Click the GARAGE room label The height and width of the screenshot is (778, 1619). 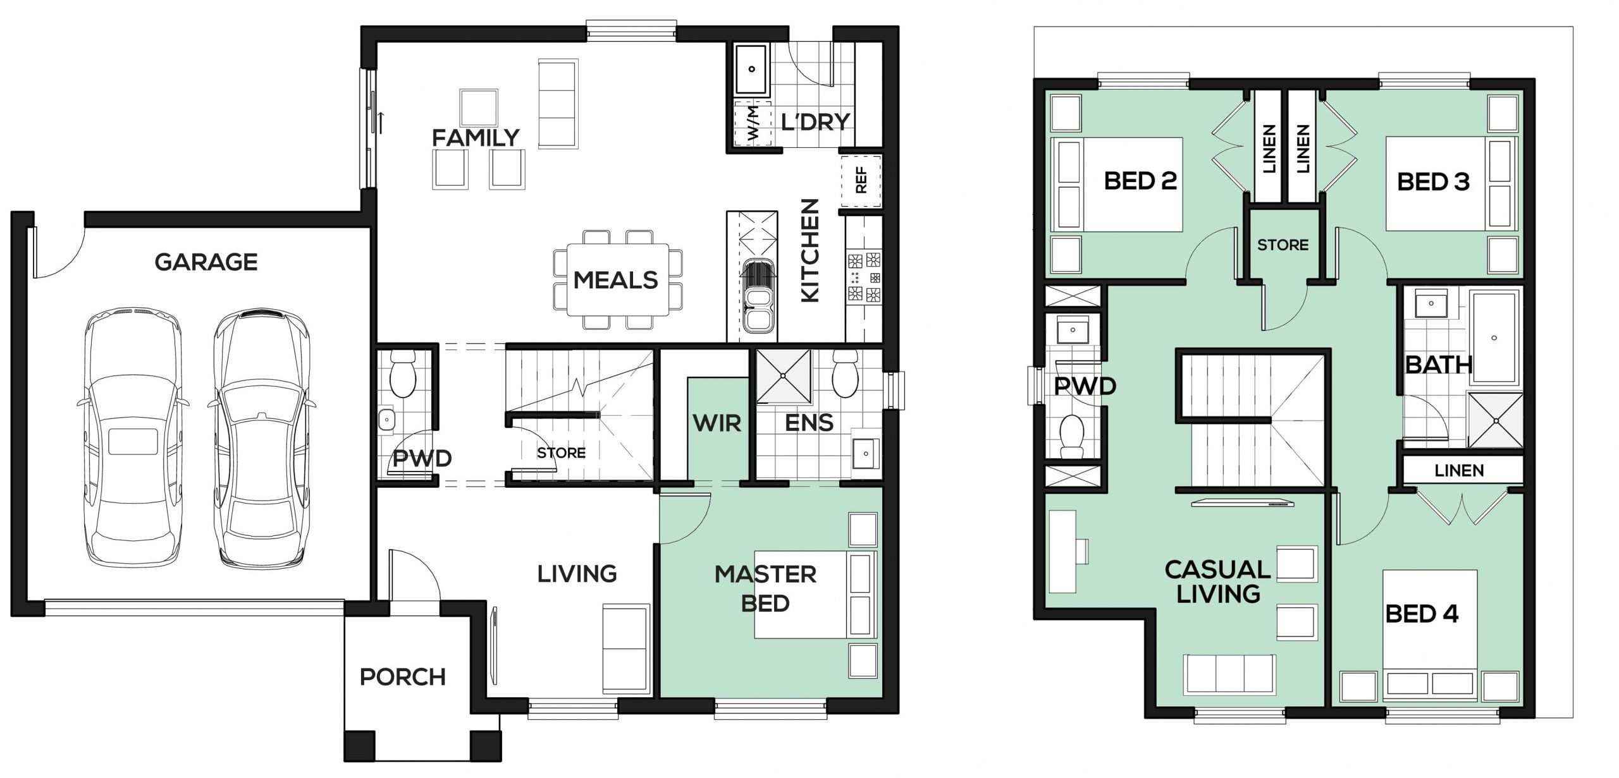206,262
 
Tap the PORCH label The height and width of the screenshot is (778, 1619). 403,677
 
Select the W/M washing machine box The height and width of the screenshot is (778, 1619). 753,124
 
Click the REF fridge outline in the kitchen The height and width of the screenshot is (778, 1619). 861,180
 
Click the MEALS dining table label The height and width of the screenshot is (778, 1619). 615,280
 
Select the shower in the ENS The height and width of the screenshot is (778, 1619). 784,376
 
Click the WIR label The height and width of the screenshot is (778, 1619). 717,423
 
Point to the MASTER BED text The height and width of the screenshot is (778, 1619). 765,588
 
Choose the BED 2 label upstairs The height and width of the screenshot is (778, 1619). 1140,181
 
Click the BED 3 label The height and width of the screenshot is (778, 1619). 1433,182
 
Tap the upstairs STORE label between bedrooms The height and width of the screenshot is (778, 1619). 1283,245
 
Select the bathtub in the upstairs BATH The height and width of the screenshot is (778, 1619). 1494,337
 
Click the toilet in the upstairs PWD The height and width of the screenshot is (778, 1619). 1072,434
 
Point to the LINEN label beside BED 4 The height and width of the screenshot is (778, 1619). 1460,470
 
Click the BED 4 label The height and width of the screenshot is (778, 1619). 1422,614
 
